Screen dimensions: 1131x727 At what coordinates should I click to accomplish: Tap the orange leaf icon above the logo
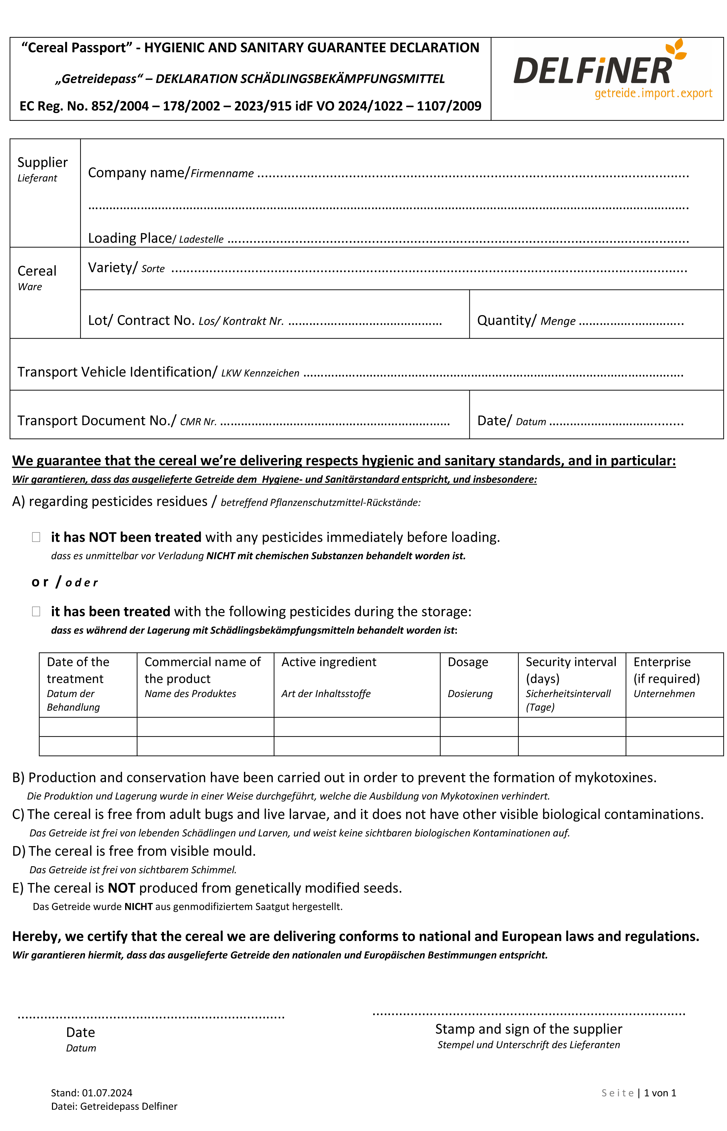tap(676, 49)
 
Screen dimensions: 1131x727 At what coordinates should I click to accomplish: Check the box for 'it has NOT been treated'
tap(36, 537)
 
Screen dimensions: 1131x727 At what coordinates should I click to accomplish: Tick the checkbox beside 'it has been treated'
tap(36, 611)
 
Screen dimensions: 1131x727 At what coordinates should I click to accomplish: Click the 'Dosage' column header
tap(467, 662)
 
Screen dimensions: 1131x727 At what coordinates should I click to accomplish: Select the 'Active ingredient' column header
tap(328, 662)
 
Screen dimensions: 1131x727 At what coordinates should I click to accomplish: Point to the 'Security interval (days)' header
tap(571, 670)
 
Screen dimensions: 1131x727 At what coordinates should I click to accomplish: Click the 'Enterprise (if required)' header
tap(666, 670)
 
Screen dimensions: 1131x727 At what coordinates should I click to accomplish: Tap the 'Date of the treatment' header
tap(78, 670)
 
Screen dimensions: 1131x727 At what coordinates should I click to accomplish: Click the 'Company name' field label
tap(138, 173)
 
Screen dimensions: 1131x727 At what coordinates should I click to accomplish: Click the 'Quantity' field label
tap(507, 320)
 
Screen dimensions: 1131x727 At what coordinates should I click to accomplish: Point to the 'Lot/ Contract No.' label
tap(141, 320)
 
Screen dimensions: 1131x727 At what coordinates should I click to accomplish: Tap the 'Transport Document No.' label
tap(96, 420)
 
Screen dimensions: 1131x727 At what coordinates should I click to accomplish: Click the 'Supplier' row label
tap(42, 162)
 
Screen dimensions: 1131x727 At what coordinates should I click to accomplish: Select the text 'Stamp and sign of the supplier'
tap(528, 1029)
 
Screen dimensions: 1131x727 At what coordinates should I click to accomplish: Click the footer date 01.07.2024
tap(107, 1093)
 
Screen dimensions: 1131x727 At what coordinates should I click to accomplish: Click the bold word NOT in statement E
tap(121, 888)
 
